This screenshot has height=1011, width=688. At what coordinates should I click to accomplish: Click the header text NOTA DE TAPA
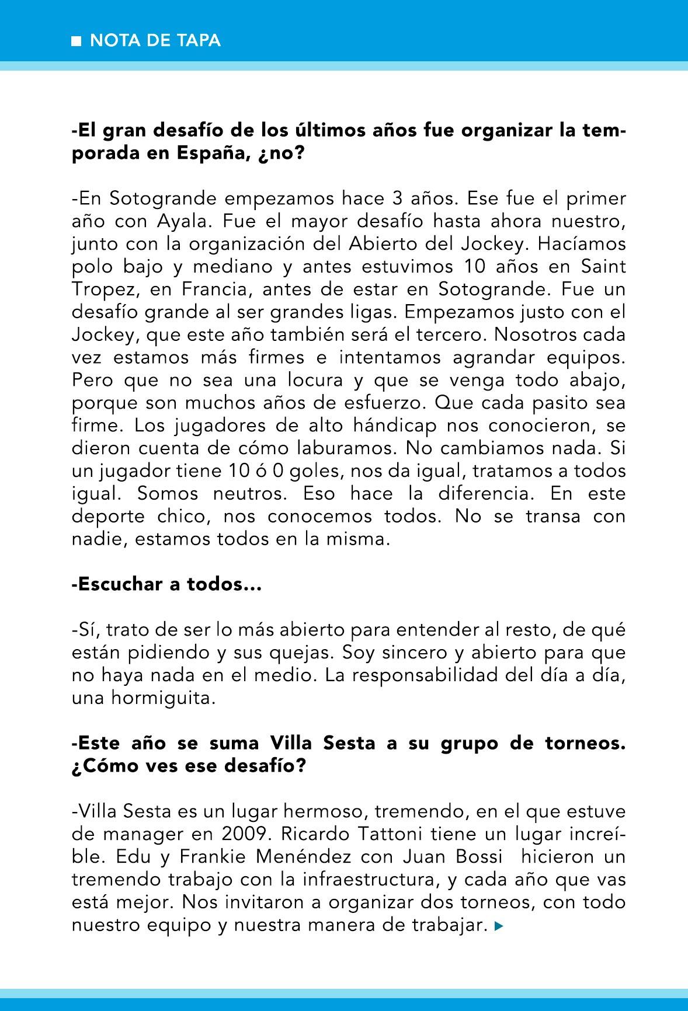click(155, 40)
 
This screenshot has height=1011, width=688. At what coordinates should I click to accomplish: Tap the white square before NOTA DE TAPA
click(75, 41)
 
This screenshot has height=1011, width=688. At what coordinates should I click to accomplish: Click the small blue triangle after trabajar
click(498, 926)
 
